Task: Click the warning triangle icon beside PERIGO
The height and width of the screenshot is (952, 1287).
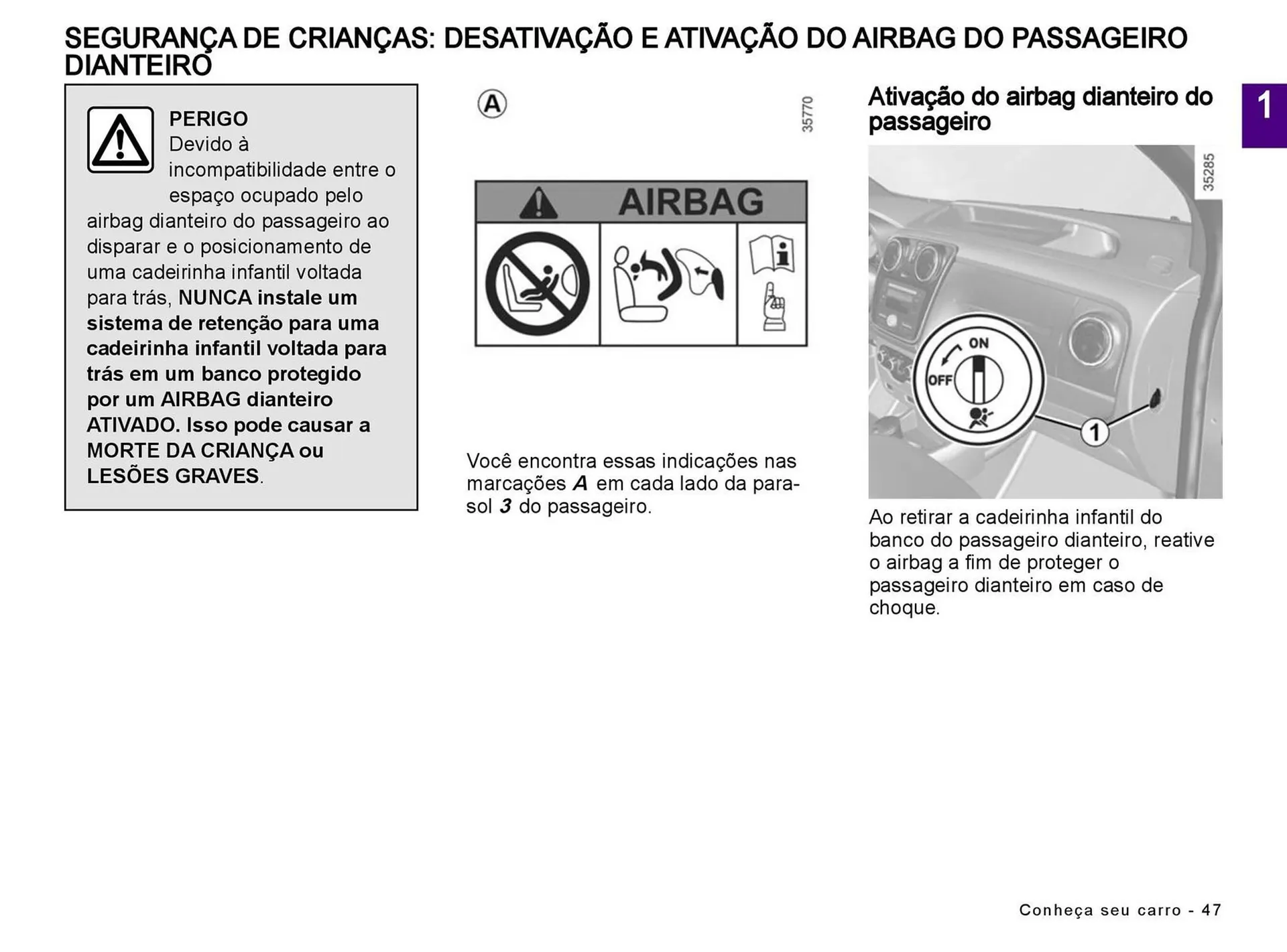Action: click(120, 140)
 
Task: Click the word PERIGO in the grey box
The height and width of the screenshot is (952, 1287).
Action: click(208, 119)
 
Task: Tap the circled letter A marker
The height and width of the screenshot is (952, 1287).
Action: click(492, 104)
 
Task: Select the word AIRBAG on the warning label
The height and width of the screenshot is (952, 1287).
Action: click(690, 202)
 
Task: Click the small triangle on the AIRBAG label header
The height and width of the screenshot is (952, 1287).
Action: click(538, 203)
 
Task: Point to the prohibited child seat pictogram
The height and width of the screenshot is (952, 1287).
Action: click(537, 283)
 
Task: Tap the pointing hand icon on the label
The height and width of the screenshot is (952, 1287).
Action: click(774, 307)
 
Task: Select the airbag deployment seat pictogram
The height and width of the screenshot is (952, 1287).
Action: click(668, 283)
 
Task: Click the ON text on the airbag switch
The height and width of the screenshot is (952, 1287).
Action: click(979, 343)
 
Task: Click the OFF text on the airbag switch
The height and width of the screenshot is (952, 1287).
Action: click(940, 380)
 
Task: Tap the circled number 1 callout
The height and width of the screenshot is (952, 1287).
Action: click(1094, 432)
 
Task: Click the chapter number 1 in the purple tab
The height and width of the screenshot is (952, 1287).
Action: click(1264, 106)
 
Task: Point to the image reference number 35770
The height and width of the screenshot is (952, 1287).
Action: click(808, 114)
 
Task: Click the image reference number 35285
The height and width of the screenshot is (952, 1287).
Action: click(1208, 172)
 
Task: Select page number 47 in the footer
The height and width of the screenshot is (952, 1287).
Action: click(1211, 910)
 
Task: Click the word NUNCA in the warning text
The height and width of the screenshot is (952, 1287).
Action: click(214, 297)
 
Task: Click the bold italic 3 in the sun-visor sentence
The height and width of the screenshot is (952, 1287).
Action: click(505, 506)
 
